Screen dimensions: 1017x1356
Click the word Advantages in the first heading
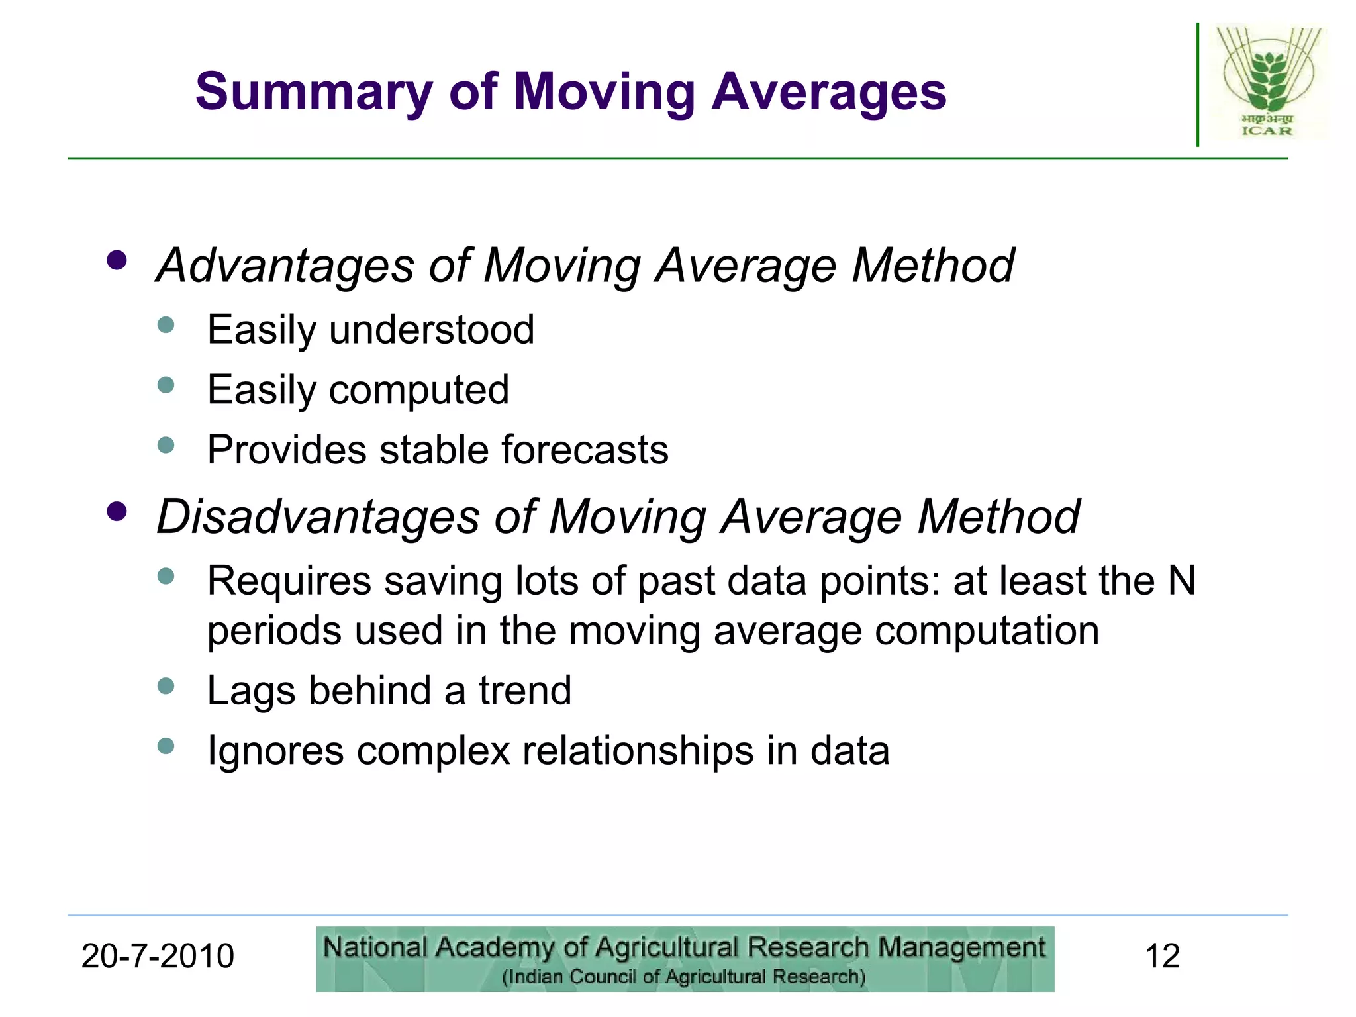[285, 266]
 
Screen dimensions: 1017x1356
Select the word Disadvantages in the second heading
[317, 517]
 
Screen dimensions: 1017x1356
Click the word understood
[431, 330]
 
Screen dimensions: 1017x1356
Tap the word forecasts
[584, 450]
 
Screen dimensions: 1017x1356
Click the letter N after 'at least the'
[1181, 581]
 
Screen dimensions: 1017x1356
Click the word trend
[524, 691]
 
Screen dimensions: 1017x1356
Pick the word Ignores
[275, 751]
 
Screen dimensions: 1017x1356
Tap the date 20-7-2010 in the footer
[158, 957]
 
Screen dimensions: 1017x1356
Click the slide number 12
[1162, 957]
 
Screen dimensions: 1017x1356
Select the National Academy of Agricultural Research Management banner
[685, 959]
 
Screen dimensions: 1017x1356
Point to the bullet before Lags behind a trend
[166, 686]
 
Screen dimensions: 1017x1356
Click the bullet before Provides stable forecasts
[166, 445]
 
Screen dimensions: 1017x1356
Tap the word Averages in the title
[829, 93]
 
